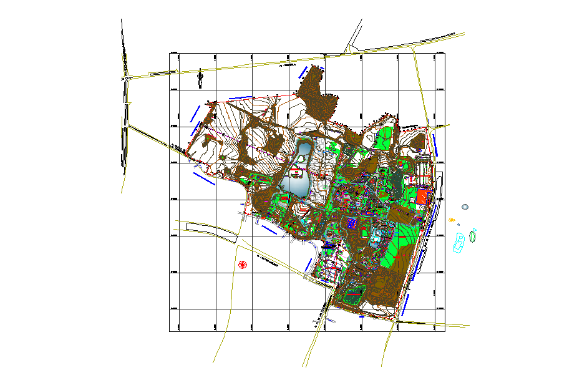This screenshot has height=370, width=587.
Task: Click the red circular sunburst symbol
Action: pyautogui.click(x=241, y=265)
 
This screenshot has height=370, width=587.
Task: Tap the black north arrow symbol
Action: pyautogui.click(x=200, y=78)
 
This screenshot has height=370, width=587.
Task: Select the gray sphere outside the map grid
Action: pyautogui.click(x=465, y=207)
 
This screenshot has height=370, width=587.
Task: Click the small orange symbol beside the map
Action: pyautogui.click(x=452, y=220)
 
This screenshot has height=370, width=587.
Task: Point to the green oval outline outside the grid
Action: pyautogui.click(x=473, y=235)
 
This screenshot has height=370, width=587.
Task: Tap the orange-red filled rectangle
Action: pyautogui.click(x=422, y=197)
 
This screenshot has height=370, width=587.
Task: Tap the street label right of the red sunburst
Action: pyautogui.click(x=266, y=256)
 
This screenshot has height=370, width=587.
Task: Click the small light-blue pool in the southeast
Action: pyautogui.click(x=376, y=235)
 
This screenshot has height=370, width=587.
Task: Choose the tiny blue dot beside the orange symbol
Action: pyautogui.click(x=458, y=225)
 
